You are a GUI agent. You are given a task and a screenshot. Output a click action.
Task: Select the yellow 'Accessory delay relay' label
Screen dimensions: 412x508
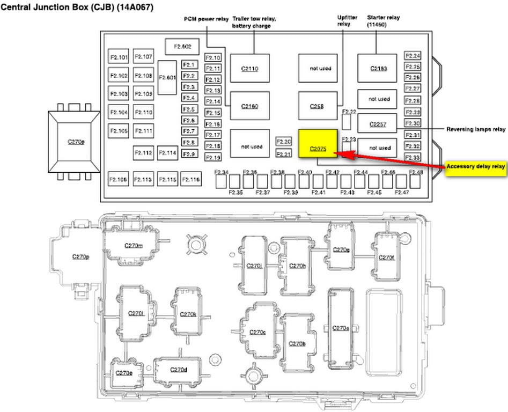(x=476, y=167)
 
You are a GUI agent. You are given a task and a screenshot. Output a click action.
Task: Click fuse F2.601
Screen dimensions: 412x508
(x=167, y=78)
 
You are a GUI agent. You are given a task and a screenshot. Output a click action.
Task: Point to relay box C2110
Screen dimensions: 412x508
(x=249, y=68)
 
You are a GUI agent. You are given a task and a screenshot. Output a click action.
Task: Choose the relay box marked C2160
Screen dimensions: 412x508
(x=249, y=106)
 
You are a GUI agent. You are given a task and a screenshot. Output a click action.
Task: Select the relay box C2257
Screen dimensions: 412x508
(x=377, y=123)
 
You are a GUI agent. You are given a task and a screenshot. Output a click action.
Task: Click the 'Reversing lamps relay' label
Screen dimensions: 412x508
(x=476, y=129)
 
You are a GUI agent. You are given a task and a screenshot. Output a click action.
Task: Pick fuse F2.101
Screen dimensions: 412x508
(x=119, y=57)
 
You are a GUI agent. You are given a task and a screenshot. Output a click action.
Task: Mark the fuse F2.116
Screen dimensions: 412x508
(x=191, y=179)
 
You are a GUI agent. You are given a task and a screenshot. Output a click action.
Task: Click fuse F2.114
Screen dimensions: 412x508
(x=167, y=153)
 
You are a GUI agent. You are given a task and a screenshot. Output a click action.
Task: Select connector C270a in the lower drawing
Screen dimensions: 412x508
(x=341, y=328)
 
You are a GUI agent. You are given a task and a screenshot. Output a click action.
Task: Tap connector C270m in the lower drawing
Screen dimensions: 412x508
(x=133, y=245)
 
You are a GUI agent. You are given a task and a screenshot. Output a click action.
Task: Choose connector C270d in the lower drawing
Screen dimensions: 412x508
(x=178, y=370)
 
